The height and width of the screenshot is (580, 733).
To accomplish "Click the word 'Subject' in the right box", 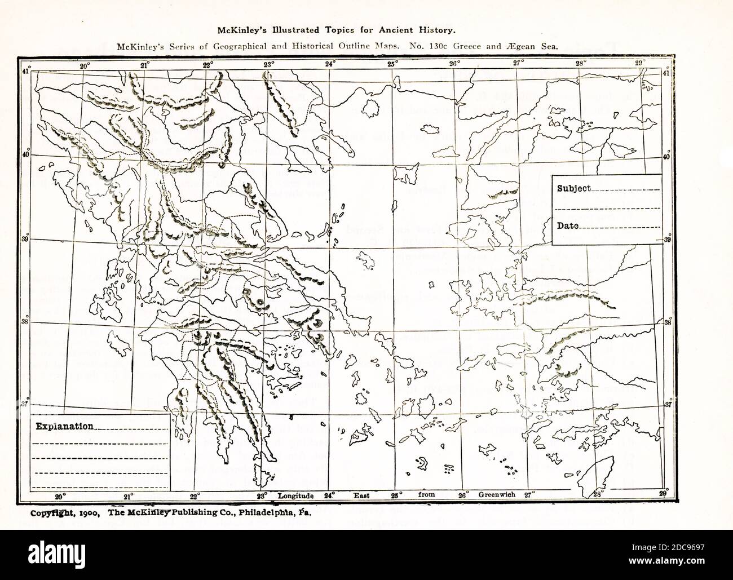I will point(573,188).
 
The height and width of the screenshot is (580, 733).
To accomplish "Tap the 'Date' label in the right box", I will point(568,225).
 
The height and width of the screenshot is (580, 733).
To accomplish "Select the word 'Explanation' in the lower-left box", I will point(64,426).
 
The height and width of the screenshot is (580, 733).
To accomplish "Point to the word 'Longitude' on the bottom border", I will point(295,495).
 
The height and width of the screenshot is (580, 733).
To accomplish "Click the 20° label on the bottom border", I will point(60,497).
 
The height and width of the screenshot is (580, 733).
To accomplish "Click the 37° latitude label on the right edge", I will point(668,405).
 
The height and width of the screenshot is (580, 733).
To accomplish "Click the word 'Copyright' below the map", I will point(48,513).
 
